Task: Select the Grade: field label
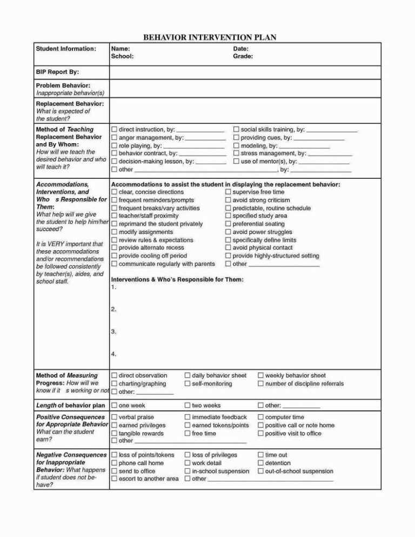[x=243, y=56]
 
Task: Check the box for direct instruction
[x=114, y=130]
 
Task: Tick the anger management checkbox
[x=114, y=138]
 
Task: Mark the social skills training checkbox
[x=236, y=130]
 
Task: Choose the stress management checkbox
[x=236, y=153]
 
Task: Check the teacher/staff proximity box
[x=114, y=216]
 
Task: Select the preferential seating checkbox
[x=228, y=224]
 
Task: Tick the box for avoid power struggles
[x=228, y=232]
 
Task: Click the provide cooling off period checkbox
[x=114, y=256]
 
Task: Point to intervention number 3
[x=113, y=332]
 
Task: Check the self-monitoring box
[x=188, y=384]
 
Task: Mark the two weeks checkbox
[x=188, y=405]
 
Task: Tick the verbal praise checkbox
[x=114, y=417]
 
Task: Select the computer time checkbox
[x=260, y=417]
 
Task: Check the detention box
[x=260, y=463]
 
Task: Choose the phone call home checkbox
[x=114, y=463]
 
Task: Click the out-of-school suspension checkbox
[x=260, y=471]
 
